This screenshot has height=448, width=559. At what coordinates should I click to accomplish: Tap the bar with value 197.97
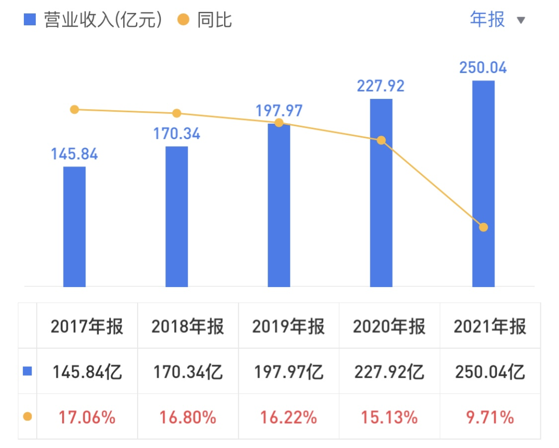pyautogui.click(x=279, y=207)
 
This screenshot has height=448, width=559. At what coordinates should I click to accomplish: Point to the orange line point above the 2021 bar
pyautogui.click(x=483, y=227)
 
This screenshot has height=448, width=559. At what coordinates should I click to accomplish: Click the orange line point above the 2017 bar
pyautogui.click(x=75, y=109)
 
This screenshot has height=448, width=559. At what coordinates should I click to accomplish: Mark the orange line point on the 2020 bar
pyautogui.click(x=381, y=140)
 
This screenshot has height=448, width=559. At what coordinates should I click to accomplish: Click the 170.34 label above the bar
pyautogui.click(x=176, y=133)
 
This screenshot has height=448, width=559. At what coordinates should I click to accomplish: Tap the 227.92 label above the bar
pyautogui.click(x=381, y=85)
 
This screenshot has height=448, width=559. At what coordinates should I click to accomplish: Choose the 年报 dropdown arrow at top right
pyautogui.click(x=521, y=21)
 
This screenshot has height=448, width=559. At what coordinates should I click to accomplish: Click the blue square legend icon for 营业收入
pyautogui.click(x=30, y=20)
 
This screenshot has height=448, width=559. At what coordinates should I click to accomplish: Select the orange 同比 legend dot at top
pyautogui.click(x=184, y=20)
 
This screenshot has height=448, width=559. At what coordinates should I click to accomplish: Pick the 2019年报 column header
pyautogui.click(x=289, y=326)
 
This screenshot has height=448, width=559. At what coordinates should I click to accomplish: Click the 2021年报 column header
pyautogui.click(x=490, y=326)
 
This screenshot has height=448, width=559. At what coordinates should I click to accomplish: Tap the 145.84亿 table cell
pyautogui.click(x=87, y=371)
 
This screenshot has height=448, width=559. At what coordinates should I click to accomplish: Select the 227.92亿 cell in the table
pyautogui.click(x=389, y=371)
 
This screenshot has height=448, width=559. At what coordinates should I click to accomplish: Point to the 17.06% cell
pyautogui.click(x=87, y=417)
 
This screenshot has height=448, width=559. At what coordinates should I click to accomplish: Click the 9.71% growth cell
pyautogui.click(x=490, y=417)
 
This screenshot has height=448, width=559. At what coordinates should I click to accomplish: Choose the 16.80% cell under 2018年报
pyautogui.click(x=188, y=417)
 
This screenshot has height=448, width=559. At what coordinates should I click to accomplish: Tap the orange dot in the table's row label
pyautogui.click(x=27, y=416)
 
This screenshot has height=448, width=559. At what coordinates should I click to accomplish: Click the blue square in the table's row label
pyautogui.click(x=27, y=371)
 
